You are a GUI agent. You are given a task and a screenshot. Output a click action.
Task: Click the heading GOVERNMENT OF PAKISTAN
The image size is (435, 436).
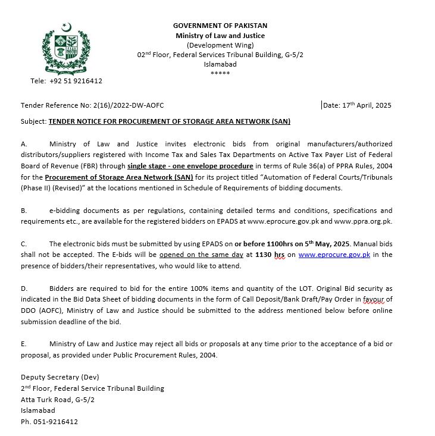[220, 26]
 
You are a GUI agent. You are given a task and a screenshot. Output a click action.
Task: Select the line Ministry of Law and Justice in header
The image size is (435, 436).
[220, 36]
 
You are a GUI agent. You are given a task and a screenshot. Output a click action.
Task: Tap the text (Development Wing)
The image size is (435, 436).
[220, 45]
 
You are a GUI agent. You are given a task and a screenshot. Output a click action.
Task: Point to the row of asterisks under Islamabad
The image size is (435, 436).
[220, 74]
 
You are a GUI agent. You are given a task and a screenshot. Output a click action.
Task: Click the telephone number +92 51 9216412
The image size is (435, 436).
[76, 81]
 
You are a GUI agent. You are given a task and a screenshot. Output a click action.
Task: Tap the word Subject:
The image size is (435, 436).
[33, 121]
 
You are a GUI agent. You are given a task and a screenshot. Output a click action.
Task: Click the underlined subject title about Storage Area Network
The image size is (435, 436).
[170, 121]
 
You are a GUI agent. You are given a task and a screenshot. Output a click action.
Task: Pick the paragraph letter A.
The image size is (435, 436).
[24, 144]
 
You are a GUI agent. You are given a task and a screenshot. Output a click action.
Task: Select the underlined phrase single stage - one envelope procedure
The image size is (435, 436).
[190, 166]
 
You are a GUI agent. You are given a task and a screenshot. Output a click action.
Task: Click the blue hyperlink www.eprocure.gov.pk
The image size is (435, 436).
[334, 255]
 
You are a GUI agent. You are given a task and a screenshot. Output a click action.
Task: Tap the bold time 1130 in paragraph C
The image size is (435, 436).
[263, 255]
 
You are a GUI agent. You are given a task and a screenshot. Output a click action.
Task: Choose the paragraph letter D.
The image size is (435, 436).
[24, 288]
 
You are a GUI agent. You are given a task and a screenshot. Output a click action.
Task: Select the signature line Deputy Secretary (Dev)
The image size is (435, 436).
[60, 377]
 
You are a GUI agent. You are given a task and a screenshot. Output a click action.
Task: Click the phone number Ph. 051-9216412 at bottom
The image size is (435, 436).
[49, 422]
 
